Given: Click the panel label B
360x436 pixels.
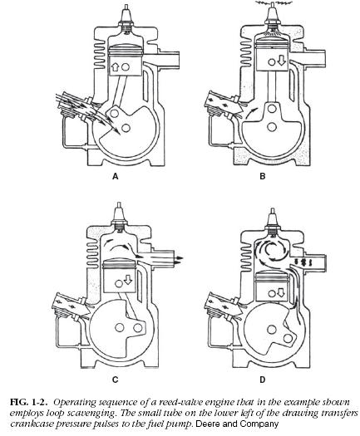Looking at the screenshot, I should (263, 177).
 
